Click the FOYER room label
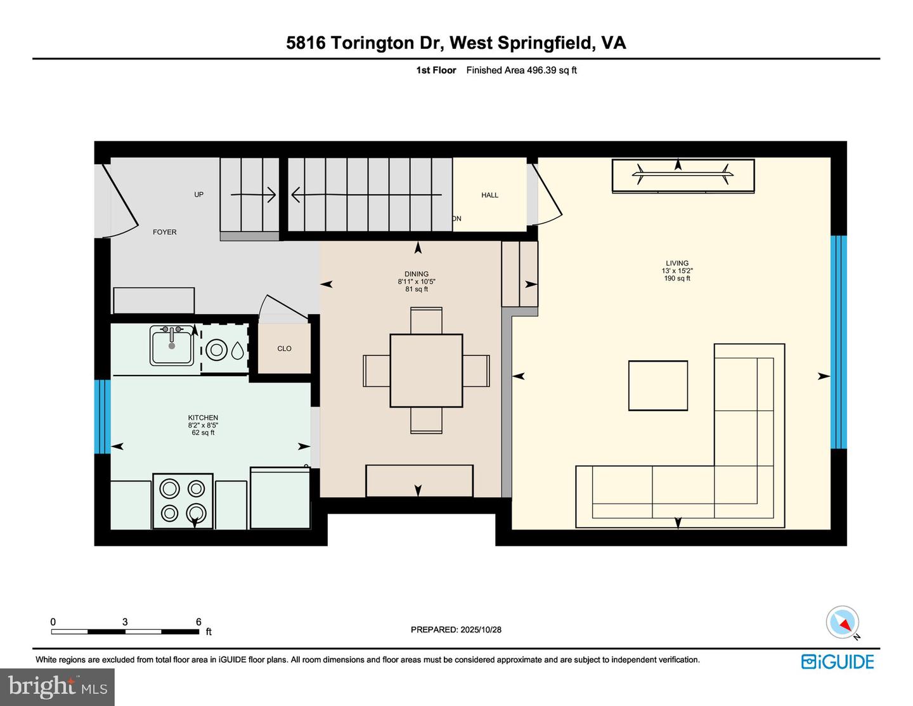click(164, 232)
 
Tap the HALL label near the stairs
click(489, 195)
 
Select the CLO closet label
click(284, 349)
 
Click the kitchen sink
click(172, 346)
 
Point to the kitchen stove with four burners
click(183, 500)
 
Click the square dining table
click(426, 370)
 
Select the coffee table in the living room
click(658, 386)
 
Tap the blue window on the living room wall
click(838, 343)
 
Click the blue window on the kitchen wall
click(102, 417)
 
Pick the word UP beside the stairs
click(198, 195)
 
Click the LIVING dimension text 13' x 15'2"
click(677, 271)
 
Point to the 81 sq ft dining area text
click(417, 289)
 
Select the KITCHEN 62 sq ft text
click(203, 433)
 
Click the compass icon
click(843, 622)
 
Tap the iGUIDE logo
click(838, 662)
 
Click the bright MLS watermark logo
click(57, 687)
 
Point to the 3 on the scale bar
click(125, 622)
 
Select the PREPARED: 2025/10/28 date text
click(456, 630)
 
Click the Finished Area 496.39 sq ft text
click(521, 70)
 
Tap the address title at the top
click(456, 42)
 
